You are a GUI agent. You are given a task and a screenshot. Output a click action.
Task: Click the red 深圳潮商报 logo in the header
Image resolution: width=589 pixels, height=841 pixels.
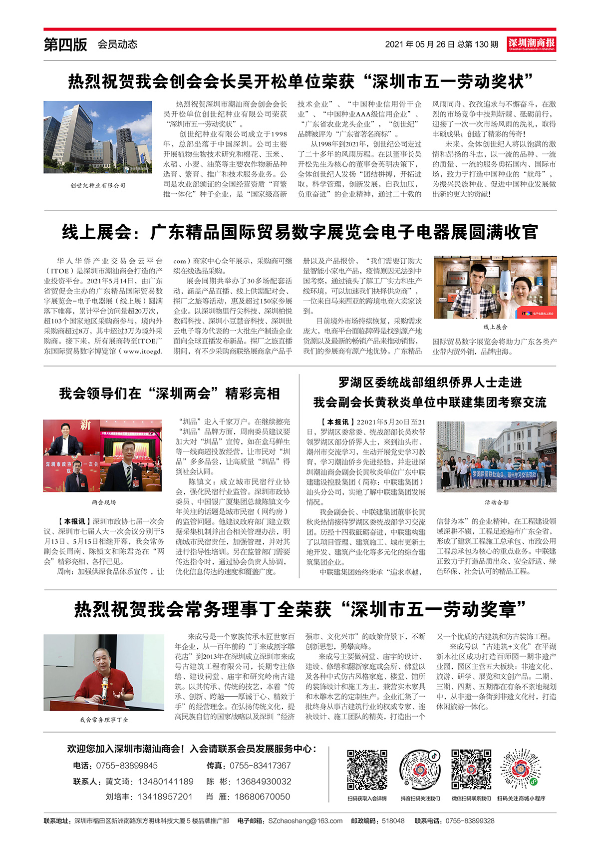pos(531,44)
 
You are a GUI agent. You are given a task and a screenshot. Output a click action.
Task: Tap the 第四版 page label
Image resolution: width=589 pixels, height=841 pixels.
pos(65,44)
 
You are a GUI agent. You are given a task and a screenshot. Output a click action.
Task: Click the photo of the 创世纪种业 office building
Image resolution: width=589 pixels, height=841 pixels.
pos(98,137)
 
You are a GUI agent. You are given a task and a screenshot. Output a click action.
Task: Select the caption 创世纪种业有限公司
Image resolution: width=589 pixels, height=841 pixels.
pos(98,186)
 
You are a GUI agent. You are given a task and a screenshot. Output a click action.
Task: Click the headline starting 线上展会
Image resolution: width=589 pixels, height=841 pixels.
pos(299,232)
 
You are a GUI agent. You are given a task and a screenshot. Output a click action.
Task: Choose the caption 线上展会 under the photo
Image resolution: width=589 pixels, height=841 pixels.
pos(495,327)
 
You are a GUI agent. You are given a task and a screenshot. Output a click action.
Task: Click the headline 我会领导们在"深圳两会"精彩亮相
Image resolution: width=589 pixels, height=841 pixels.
pos(169,394)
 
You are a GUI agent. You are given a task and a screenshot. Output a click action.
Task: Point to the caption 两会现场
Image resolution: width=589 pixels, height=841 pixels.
pos(103,502)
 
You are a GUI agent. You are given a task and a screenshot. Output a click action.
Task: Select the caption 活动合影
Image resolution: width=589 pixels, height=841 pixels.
pos(496,502)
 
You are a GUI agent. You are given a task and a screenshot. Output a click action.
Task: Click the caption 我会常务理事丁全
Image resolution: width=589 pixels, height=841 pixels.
pos(103,720)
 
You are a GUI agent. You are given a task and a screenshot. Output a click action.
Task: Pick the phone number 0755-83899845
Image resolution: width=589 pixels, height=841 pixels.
pos(127,766)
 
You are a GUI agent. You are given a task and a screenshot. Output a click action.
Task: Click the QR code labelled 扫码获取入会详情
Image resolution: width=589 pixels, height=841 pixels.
pos(367,770)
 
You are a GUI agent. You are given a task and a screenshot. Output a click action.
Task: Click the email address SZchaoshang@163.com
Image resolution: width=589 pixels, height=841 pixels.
pos(305,821)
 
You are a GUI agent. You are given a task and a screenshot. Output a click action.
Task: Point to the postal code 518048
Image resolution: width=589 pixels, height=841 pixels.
pos(393,821)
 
